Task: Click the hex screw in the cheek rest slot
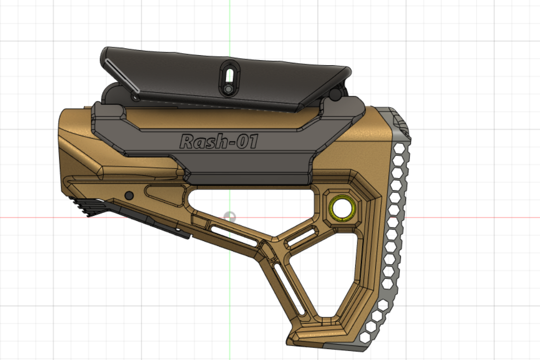228,89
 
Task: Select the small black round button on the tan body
129,195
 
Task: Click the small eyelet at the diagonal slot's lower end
135,94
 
